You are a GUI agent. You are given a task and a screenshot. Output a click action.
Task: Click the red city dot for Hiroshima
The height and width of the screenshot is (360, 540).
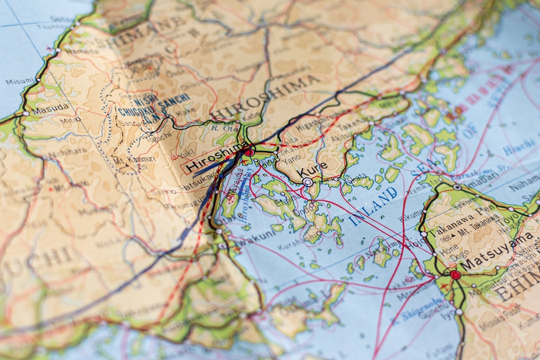pos(249,152)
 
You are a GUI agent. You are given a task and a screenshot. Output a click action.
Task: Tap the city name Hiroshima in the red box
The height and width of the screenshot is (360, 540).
pos(217,157)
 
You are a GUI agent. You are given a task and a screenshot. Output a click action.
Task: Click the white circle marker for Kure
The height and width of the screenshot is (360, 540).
pos(308,182)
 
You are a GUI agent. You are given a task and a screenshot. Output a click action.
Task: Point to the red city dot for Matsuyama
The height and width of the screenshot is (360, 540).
pos(454,274)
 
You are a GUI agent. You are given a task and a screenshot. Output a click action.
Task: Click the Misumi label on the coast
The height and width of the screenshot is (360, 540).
pos(19,81)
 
